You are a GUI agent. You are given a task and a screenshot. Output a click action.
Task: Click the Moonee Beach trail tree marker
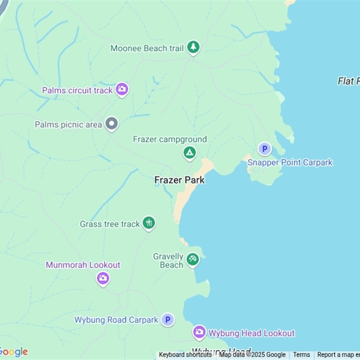[x=193, y=47]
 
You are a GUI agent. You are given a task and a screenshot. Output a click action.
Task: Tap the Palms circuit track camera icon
[x=121, y=89]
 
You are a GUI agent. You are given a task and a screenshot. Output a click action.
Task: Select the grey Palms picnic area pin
[x=111, y=123]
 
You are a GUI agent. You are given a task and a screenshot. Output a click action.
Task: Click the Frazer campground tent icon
[x=189, y=153]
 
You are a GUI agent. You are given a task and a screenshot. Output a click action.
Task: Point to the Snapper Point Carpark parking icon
[x=265, y=148]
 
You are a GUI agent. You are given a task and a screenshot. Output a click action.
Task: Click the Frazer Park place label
[x=180, y=180]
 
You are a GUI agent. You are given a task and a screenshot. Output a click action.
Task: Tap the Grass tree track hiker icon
[x=148, y=222]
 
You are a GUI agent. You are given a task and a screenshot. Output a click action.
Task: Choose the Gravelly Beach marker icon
[x=193, y=259]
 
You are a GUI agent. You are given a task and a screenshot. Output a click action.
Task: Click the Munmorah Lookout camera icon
[x=103, y=278]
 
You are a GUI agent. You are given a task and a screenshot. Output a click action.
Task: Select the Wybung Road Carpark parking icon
[x=167, y=319]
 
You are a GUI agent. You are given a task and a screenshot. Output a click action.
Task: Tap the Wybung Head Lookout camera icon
[x=199, y=333]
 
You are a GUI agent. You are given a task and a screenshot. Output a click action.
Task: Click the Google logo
[x=13, y=352]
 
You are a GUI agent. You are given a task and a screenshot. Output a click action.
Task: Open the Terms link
[x=301, y=355]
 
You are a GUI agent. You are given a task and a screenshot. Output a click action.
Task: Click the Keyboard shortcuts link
[x=185, y=355]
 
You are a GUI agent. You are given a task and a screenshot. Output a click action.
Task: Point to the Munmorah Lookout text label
[x=83, y=265]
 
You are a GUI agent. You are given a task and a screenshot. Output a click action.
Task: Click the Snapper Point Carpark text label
[x=290, y=162]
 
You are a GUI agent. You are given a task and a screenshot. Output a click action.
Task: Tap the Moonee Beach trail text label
[x=147, y=48]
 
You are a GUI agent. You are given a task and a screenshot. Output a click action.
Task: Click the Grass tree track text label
[x=110, y=224]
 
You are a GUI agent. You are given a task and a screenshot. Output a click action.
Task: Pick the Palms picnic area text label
[x=68, y=124]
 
